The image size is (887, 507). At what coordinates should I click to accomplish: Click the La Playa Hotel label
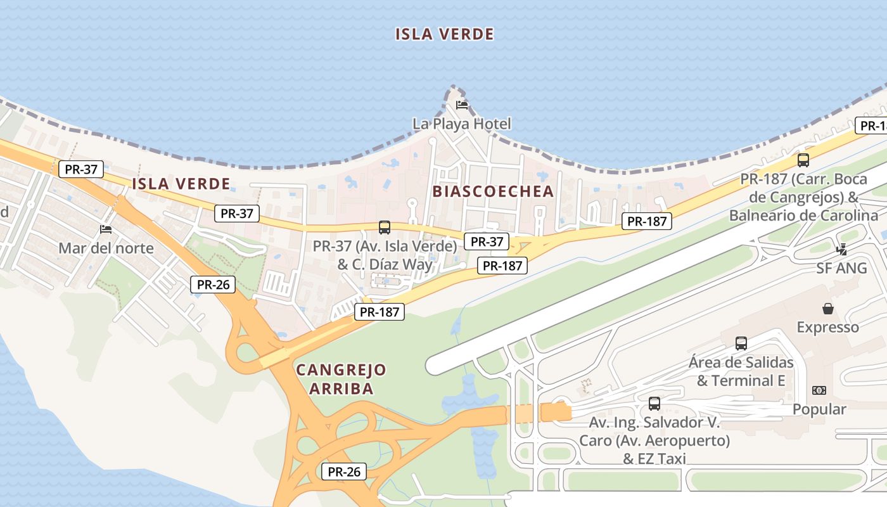point(461,124)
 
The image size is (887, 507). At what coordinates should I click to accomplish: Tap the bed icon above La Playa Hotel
point(462,105)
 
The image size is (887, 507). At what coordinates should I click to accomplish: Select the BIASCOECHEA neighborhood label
point(493,191)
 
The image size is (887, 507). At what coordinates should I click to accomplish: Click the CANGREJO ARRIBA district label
point(341,378)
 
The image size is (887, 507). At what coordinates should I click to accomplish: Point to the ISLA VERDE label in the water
point(444,34)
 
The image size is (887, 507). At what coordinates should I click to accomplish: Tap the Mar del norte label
point(106,248)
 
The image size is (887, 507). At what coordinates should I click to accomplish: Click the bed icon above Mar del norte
point(106,229)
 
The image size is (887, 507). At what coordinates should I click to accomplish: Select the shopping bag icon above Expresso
point(827,309)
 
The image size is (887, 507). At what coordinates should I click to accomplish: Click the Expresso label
point(827,327)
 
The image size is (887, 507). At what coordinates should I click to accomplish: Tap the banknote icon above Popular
point(819,390)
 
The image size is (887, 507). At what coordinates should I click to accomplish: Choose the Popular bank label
point(819,409)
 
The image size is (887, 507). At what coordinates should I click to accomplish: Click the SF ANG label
point(841,268)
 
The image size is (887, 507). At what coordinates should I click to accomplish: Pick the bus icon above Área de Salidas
point(741,343)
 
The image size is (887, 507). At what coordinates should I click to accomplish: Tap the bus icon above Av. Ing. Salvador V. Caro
point(654,403)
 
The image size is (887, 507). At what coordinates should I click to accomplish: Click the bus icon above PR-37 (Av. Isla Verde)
point(384,227)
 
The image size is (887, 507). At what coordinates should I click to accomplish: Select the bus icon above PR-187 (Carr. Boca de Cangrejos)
point(803,160)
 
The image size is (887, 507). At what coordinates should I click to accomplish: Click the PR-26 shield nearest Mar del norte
point(213,285)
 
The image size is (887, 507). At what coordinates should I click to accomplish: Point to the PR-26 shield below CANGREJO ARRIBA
point(344,472)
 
